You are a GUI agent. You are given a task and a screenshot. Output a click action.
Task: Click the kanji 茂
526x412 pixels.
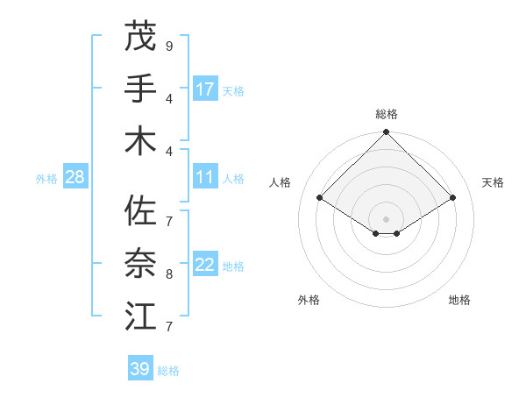point(140,36)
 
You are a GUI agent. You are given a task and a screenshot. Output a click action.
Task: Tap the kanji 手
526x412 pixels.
point(140,89)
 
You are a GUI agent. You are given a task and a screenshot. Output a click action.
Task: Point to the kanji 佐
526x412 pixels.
point(140,210)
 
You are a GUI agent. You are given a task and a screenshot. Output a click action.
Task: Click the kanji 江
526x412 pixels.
point(140,316)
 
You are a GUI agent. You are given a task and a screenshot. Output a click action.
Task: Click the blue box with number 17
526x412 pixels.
point(205,89)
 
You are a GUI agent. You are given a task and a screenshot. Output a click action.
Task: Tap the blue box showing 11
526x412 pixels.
point(205,178)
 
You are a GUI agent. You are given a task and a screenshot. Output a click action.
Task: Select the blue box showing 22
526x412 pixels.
point(205,266)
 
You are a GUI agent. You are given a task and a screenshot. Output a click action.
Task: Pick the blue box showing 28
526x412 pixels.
point(75,178)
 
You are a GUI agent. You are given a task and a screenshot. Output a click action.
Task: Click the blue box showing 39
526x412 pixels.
point(140,369)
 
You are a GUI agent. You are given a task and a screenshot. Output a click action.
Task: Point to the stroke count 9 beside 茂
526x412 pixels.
point(169,46)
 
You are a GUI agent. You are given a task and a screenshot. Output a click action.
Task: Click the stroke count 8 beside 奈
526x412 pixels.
point(169,274)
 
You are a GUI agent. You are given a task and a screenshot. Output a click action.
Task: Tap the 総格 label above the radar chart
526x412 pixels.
point(387,114)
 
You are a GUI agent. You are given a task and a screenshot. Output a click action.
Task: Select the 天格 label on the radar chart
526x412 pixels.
point(493,182)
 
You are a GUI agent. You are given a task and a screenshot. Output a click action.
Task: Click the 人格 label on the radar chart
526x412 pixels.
point(281,182)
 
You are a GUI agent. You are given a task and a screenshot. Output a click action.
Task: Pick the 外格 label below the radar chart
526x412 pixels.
point(309,301)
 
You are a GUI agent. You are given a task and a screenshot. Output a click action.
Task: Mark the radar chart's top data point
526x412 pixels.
point(387,133)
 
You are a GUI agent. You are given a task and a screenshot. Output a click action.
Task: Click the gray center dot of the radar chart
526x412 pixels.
point(387,218)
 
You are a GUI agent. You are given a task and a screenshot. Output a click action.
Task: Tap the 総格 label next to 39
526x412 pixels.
point(168,371)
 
